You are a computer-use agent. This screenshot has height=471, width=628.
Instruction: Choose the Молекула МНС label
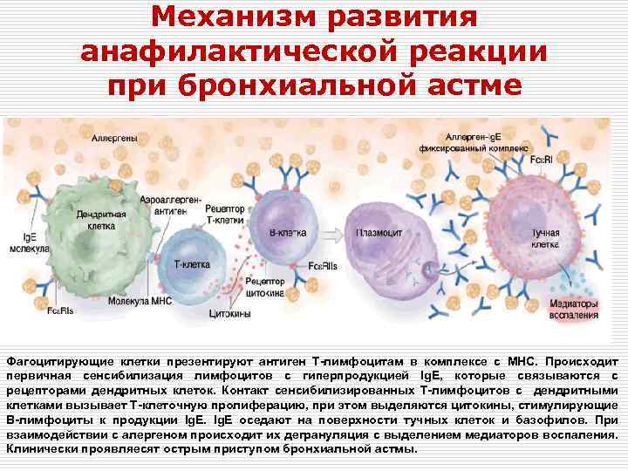point(140,301)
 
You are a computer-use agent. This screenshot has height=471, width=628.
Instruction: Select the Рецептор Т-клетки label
point(225,213)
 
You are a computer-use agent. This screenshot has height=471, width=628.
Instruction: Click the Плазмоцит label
point(377,235)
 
